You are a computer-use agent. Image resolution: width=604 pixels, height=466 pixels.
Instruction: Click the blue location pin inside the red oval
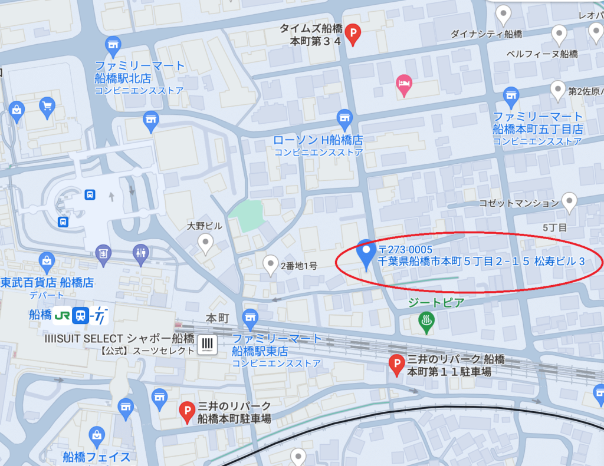click(366, 253)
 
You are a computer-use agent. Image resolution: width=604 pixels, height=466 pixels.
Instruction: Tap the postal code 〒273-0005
click(406, 250)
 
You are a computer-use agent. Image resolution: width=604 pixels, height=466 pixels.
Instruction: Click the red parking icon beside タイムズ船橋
click(353, 34)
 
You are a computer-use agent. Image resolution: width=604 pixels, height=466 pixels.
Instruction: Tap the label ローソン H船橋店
click(318, 140)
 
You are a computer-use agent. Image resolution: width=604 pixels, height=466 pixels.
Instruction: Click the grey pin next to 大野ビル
click(205, 242)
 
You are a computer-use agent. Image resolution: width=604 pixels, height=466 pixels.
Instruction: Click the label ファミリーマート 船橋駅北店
click(139, 72)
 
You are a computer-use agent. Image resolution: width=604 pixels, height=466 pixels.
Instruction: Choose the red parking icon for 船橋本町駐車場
click(187, 411)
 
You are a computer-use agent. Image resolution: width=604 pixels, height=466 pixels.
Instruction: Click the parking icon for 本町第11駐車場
click(397, 365)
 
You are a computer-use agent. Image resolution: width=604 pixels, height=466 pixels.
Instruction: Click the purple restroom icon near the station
click(140, 253)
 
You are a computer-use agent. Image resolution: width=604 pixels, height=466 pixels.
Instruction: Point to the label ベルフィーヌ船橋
click(542, 54)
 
